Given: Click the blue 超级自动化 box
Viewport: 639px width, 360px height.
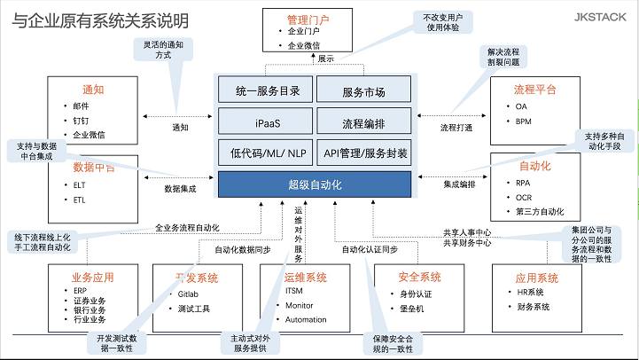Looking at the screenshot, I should pyautogui.click(x=315, y=184).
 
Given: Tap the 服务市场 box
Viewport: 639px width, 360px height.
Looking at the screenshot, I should pyautogui.click(x=363, y=90).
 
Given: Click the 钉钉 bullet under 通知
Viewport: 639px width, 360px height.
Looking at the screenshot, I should pyautogui.click(x=81, y=121).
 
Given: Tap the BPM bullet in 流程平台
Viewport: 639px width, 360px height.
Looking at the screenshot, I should pyautogui.click(x=523, y=121).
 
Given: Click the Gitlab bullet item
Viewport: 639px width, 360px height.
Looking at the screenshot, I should pyautogui.click(x=189, y=292).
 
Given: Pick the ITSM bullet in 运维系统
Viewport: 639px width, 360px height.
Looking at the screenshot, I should pyautogui.click(x=294, y=291).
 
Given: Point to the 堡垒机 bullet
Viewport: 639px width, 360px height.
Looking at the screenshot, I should pyautogui.click(x=411, y=308).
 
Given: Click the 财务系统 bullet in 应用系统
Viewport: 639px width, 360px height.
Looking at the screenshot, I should pyautogui.click(x=534, y=307).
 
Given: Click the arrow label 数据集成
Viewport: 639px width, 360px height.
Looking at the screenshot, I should pyautogui.click(x=180, y=189).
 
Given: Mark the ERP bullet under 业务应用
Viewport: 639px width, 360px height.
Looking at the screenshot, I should pyautogui.click(x=81, y=291).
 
